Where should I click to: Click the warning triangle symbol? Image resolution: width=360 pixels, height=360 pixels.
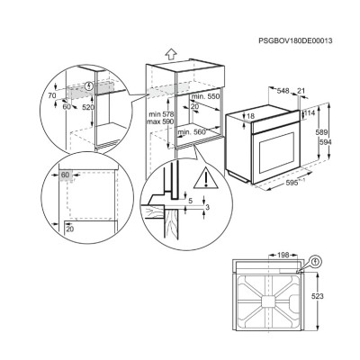(209, 176)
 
